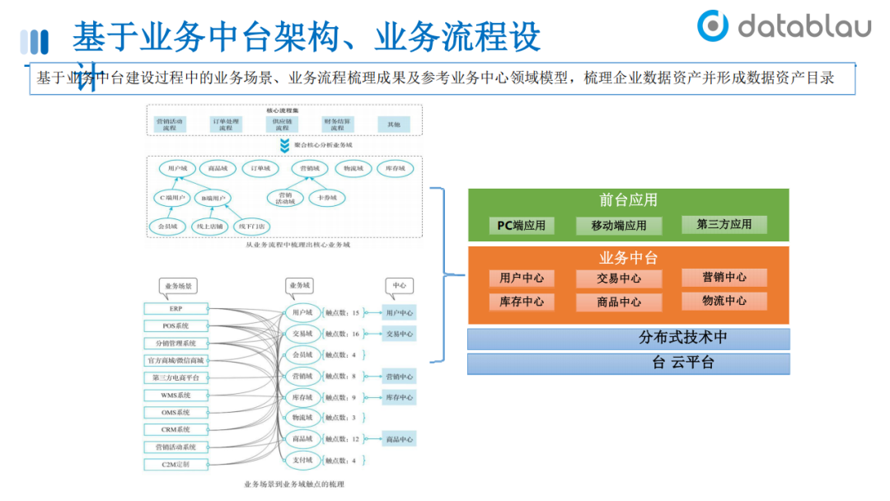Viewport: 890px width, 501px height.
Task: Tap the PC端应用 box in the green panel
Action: [522, 225]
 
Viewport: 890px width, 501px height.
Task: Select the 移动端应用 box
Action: [619, 225]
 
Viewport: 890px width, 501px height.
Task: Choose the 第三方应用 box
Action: [724, 224]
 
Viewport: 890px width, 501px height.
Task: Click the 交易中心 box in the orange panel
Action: [619, 279]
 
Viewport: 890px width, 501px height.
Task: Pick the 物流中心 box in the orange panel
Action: [724, 301]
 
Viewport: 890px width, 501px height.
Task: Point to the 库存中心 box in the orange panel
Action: [522, 302]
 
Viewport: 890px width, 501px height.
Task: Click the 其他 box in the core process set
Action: [394, 124]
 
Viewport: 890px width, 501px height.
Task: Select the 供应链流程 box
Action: [282, 124]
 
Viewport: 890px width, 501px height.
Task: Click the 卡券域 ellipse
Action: [327, 198]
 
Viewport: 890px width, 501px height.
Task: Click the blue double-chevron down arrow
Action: [284, 145]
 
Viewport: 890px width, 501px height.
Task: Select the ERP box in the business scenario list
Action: [176, 308]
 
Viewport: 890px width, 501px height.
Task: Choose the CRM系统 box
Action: [176, 429]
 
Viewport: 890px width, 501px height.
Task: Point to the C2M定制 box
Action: [176, 465]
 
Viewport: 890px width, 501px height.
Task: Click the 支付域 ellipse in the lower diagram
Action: [302, 460]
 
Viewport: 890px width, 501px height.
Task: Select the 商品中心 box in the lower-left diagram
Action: [400, 439]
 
